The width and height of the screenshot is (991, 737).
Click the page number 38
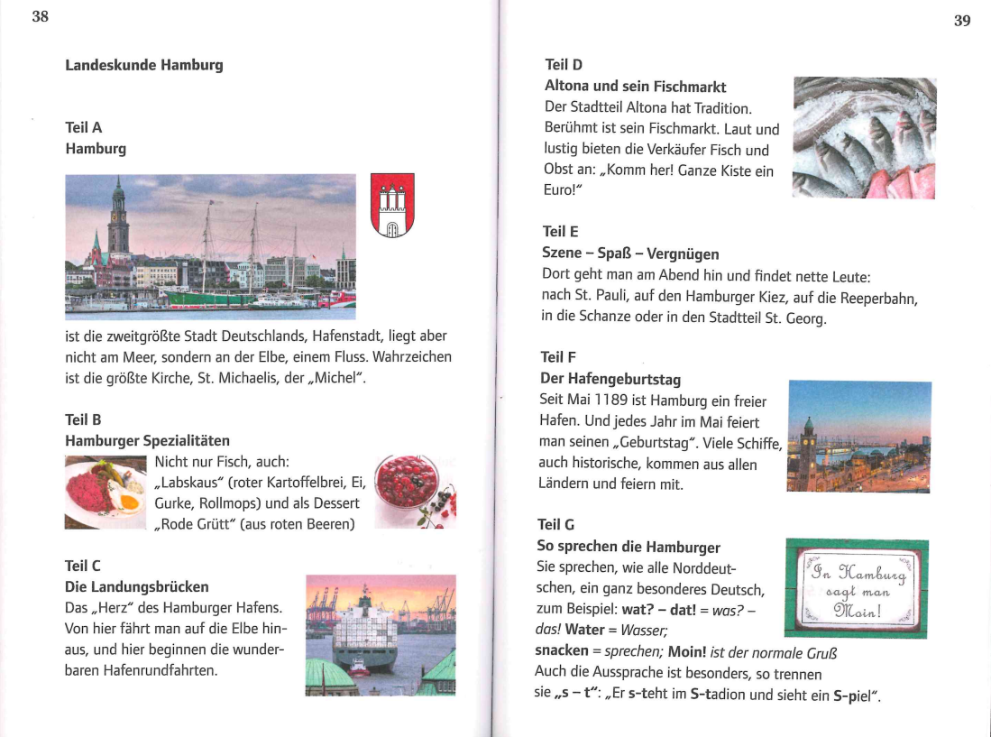(x=40, y=16)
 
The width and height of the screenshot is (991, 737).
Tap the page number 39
(x=961, y=21)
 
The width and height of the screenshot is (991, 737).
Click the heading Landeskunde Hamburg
(x=143, y=66)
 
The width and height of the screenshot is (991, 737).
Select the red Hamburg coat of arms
(x=392, y=206)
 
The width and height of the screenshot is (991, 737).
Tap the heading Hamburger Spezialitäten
(x=147, y=441)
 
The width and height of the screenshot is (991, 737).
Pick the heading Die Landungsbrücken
(x=137, y=587)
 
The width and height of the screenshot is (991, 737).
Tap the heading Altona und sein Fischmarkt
(x=635, y=87)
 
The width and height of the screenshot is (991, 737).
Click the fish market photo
(x=864, y=138)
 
